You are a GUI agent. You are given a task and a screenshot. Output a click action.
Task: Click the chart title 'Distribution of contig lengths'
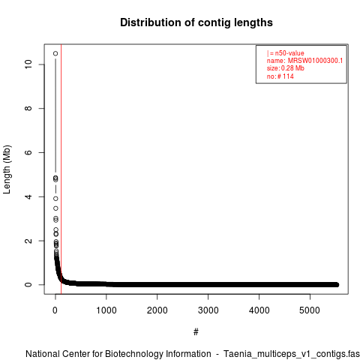point(196,22)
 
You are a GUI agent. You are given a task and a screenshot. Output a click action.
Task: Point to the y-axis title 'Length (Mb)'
point(7,169)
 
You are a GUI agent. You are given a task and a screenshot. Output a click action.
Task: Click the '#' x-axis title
point(196,332)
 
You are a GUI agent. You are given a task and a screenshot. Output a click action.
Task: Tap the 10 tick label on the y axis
point(28,64)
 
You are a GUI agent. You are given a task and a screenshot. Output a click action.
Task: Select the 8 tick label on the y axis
point(28,108)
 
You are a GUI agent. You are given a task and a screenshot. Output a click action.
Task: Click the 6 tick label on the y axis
point(28,152)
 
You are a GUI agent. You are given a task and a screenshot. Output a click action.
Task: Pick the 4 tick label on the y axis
point(28,196)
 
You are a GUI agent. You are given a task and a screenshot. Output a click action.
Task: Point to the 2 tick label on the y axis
point(28,241)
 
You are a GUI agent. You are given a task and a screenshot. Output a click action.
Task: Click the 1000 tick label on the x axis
point(106,310)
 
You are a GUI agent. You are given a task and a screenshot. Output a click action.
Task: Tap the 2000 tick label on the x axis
point(157,310)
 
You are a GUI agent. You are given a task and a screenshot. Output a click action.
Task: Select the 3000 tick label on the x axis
point(208,310)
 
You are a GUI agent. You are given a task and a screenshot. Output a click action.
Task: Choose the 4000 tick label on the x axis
point(259,310)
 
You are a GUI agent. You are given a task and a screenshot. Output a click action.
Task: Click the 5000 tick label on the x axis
point(310,310)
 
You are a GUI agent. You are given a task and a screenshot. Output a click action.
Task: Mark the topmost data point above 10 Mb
point(55,53)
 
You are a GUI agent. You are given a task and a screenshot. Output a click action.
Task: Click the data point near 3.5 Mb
point(55,208)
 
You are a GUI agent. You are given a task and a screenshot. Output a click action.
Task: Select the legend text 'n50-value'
point(289,53)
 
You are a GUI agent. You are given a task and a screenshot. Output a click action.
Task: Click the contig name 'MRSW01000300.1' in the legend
point(315,61)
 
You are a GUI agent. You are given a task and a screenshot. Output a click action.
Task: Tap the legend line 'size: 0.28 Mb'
point(286,68)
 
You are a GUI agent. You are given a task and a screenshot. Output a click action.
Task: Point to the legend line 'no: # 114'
point(280,76)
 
